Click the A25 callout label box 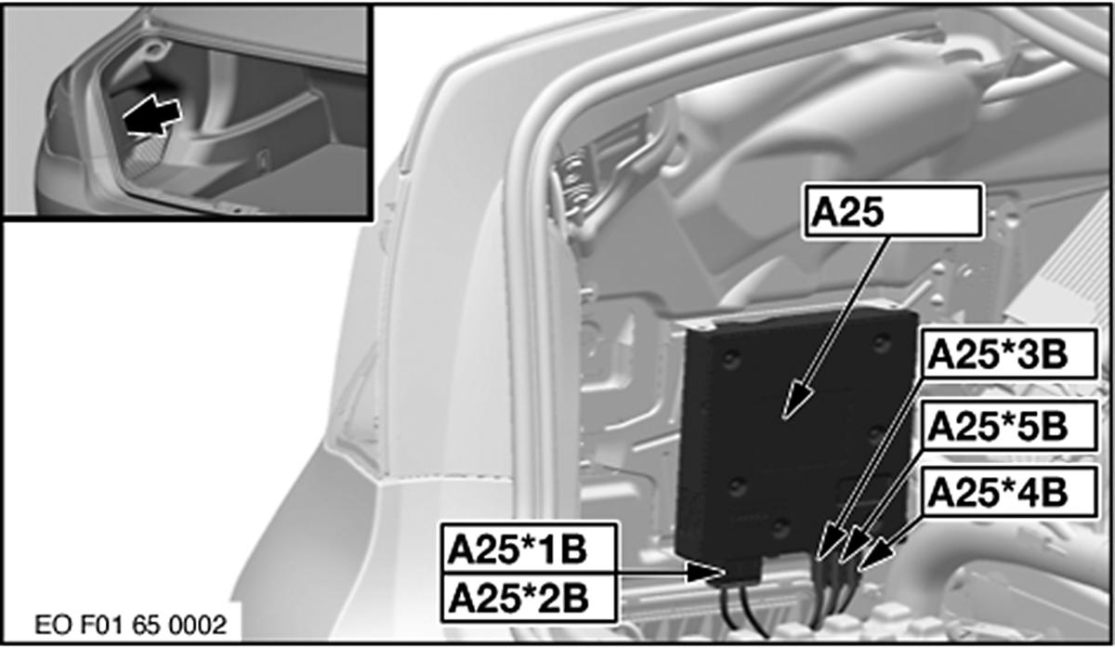894,211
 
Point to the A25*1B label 529,549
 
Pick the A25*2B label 529,598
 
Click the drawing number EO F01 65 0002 131,625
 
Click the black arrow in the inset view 151,115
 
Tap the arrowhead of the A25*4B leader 875,555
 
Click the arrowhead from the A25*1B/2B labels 703,573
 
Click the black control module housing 795,433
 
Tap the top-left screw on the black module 730,359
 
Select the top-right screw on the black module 882,343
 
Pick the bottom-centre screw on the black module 780,527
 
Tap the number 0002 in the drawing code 198,625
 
